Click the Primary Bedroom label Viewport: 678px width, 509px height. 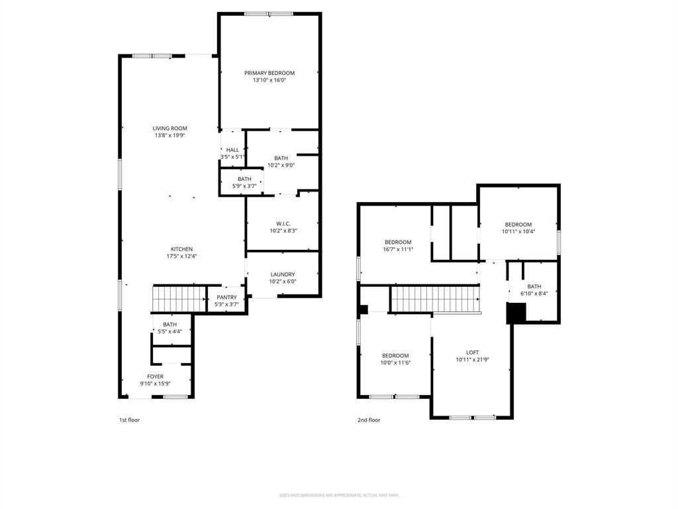pos(269,73)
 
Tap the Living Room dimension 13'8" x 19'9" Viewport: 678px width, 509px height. pos(169,136)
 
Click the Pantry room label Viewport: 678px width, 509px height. pos(226,297)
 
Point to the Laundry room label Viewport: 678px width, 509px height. pos(283,274)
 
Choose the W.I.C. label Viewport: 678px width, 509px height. pos(283,223)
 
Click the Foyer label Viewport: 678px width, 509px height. pos(155,376)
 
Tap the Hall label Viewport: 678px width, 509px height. pos(232,150)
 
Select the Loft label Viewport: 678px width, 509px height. pos(472,353)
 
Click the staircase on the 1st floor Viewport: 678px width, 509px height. pos(179,299)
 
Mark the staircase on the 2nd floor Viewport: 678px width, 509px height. pos(434,300)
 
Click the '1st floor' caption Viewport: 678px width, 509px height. pos(129,420)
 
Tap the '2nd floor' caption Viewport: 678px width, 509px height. pos(369,420)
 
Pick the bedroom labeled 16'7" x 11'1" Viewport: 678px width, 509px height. pos(398,246)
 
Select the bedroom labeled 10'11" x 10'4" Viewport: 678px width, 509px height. pos(518,228)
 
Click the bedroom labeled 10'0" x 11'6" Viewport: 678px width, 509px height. pos(395,359)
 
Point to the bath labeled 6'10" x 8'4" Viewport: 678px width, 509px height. pos(534,290)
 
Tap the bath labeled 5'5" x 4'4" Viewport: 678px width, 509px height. pos(170,327)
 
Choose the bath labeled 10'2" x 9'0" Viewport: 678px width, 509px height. pos(281,162)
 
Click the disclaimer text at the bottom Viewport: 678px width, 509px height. pos(339,495)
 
